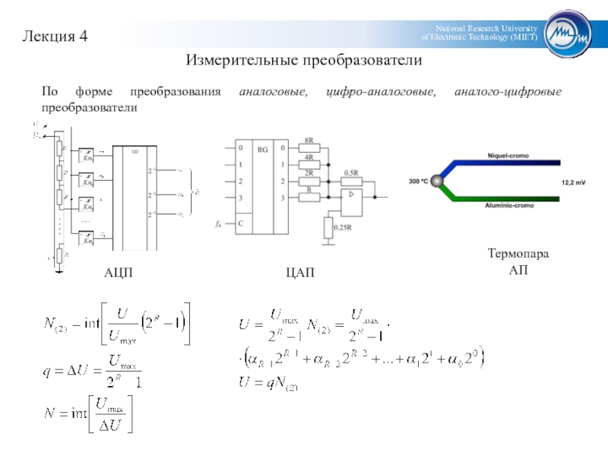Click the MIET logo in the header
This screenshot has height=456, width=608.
point(569,33)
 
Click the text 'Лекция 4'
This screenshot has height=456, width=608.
point(55,36)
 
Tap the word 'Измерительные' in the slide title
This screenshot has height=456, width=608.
point(238,59)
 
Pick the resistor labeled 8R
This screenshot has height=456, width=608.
point(309,147)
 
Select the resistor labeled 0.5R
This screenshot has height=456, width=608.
point(351,180)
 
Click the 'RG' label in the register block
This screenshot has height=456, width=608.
point(262,150)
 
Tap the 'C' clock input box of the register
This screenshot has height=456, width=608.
point(240,224)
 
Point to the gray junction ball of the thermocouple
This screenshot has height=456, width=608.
point(436,181)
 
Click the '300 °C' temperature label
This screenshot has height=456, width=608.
point(419,182)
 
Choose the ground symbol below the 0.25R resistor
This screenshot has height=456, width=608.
point(328,242)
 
